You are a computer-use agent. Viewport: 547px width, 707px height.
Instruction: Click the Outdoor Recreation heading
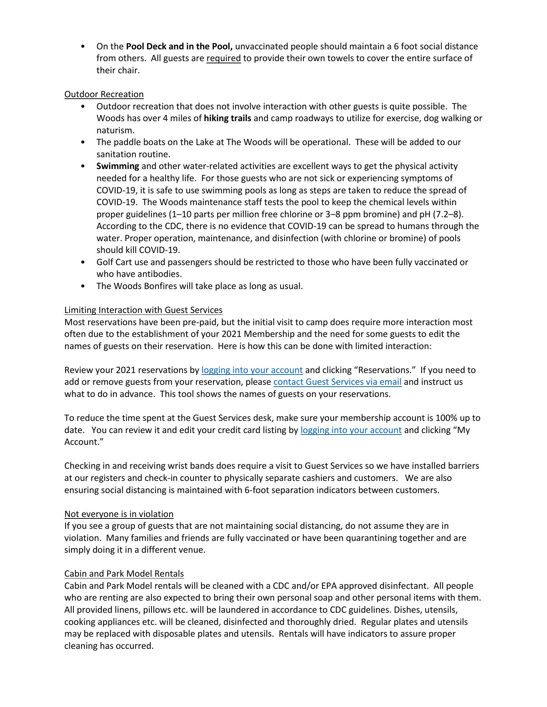(104, 94)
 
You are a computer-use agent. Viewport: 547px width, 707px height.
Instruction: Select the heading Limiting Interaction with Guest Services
(143, 310)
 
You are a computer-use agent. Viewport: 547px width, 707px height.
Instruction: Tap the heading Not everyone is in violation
(119, 514)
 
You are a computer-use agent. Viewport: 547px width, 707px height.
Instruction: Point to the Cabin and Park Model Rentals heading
(124, 574)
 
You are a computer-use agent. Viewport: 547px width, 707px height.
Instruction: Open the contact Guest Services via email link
(337, 382)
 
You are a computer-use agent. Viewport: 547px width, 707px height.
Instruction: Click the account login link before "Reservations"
(252, 370)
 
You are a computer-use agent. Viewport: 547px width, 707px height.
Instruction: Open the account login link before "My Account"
(351, 430)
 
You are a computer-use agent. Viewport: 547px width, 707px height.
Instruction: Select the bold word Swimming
(118, 166)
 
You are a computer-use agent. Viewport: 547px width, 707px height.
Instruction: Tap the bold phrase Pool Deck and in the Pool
(179, 46)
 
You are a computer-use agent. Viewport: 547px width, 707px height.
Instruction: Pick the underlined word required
(223, 58)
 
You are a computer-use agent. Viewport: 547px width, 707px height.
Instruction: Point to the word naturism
(115, 130)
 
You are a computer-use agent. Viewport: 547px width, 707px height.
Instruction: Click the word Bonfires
(159, 286)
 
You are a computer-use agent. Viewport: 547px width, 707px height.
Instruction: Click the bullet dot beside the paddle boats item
(83, 143)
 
